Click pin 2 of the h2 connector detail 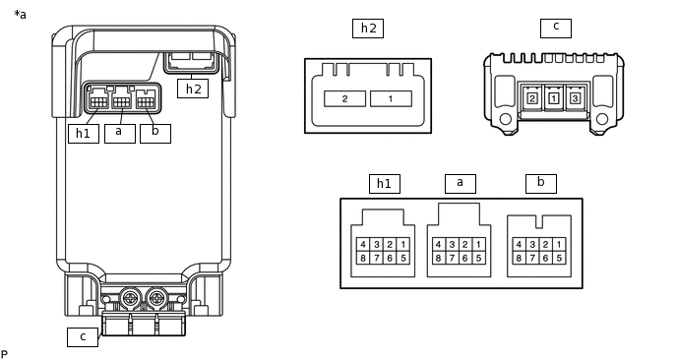(x=345, y=98)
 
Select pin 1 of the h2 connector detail (x=391, y=98)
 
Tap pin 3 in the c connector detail (x=575, y=98)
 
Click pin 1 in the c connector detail (x=554, y=98)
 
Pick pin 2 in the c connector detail (x=532, y=98)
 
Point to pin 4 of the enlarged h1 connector (x=363, y=245)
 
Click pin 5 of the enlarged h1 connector (x=403, y=258)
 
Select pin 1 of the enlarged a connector (x=478, y=245)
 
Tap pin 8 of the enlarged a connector (x=439, y=258)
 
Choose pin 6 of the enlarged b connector (x=546, y=258)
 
